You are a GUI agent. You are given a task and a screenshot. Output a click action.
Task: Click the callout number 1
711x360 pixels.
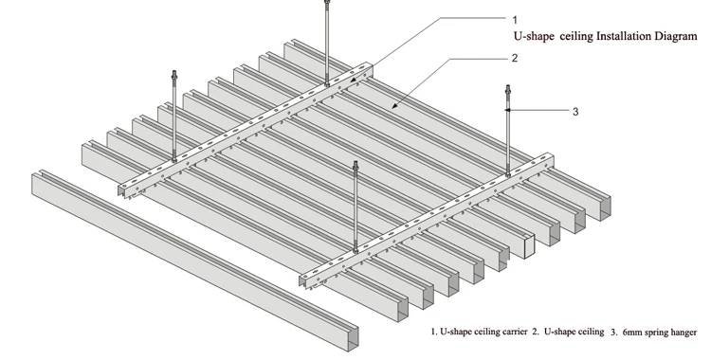pos(515,20)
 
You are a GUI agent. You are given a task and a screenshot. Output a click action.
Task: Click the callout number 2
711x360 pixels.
pos(515,58)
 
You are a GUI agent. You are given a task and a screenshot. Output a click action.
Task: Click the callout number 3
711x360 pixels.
pos(575,112)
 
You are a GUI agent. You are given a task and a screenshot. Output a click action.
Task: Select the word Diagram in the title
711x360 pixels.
pos(676,37)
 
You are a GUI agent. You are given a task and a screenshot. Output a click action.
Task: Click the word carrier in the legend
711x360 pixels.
pos(515,332)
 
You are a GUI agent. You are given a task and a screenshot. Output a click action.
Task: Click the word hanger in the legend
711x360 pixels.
pos(683,333)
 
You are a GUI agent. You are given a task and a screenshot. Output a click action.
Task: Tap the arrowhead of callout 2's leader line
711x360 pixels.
pos(394,106)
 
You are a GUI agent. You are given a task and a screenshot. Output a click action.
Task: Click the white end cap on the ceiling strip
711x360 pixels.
pos(529,246)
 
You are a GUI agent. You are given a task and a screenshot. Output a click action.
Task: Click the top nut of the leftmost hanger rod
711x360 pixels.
pos(173,74)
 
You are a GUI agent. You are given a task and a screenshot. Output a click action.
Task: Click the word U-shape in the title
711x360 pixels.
pos(534,37)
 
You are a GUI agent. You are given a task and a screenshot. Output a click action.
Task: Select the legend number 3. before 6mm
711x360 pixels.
pos(614,333)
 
